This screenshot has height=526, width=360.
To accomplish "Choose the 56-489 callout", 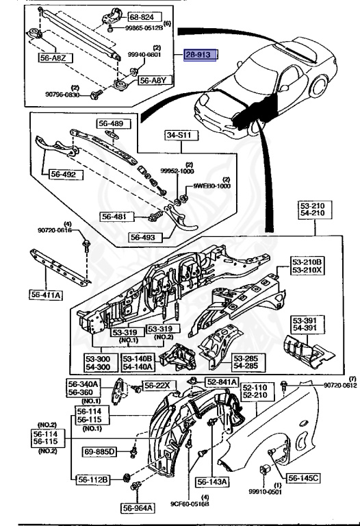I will point(112,124).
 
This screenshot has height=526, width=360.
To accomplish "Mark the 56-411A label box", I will point(46,295).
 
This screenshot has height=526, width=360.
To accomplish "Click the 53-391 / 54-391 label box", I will point(306,324).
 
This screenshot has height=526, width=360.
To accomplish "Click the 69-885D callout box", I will point(101,451).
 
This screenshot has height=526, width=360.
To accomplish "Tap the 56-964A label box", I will point(138,508).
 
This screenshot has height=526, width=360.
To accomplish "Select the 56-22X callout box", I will point(157,386).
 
